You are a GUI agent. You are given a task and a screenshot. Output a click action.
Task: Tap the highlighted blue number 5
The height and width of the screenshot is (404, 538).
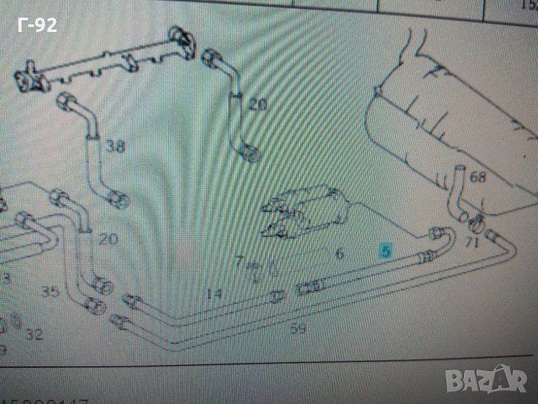[386, 250]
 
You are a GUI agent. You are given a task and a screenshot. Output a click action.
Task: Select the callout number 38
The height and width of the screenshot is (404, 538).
[115, 146]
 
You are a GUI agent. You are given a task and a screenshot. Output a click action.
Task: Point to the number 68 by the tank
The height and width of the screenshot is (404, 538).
[478, 178]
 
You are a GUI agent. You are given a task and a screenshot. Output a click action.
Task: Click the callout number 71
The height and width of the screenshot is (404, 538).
[472, 244]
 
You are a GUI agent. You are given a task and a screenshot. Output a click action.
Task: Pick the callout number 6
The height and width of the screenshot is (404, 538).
[340, 253]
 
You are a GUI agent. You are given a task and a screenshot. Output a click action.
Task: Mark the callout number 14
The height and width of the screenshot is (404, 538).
[214, 293]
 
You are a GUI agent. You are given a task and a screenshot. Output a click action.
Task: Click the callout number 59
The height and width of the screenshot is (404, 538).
[298, 329]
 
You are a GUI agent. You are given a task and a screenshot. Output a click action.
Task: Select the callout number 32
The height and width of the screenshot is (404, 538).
[34, 334]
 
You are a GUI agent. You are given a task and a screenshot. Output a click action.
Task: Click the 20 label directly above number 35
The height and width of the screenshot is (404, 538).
[108, 239]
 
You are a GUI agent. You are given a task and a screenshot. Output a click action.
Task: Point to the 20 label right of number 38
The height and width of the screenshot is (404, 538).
[257, 105]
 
